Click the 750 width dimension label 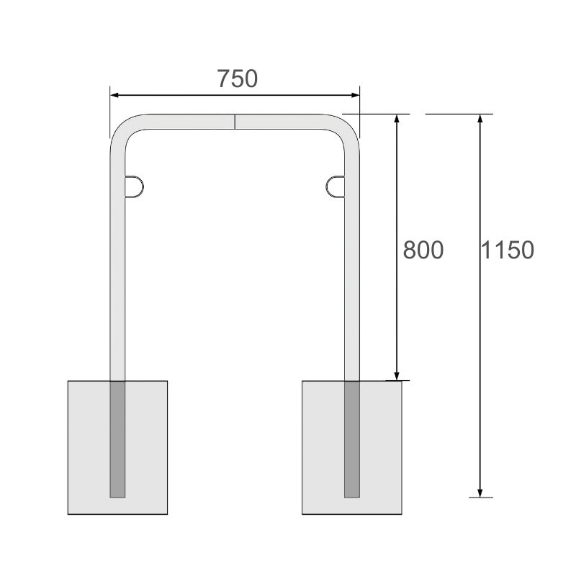(x=238, y=78)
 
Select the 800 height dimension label (x=423, y=250)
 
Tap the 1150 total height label (x=508, y=250)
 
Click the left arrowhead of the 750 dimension (x=114, y=95)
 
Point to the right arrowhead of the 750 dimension (x=355, y=95)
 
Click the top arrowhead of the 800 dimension (x=397, y=118)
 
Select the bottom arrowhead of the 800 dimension (x=397, y=376)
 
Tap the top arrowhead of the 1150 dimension (x=480, y=118)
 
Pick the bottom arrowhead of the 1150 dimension (x=480, y=493)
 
